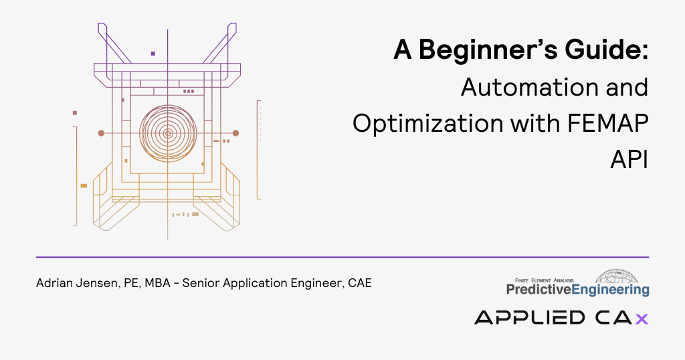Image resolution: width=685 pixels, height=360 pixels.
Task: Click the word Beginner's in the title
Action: (x=488, y=50)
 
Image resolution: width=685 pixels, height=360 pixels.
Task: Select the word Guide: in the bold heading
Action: (x=607, y=50)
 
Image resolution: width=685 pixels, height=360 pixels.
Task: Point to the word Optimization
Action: (x=428, y=124)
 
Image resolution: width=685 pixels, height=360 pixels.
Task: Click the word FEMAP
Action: (x=607, y=123)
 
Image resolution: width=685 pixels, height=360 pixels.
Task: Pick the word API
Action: (x=629, y=159)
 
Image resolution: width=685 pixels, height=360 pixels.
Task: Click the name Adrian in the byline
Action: (x=55, y=283)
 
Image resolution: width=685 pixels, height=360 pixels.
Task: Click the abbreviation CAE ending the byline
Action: (x=360, y=283)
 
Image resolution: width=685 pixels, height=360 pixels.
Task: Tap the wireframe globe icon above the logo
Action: (x=616, y=276)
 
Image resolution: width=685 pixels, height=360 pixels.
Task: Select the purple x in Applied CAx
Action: (x=642, y=319)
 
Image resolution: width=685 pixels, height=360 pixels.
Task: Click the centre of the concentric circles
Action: (x=168, y=133)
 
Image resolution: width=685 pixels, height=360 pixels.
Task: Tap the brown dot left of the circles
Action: (x=101, y=133)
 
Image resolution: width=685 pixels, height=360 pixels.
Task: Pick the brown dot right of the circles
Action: (x=235, y=133)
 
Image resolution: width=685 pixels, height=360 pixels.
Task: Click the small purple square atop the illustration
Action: (x=153, y=54)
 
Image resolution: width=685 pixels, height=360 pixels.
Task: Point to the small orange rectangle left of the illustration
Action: (x=84, y=185)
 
